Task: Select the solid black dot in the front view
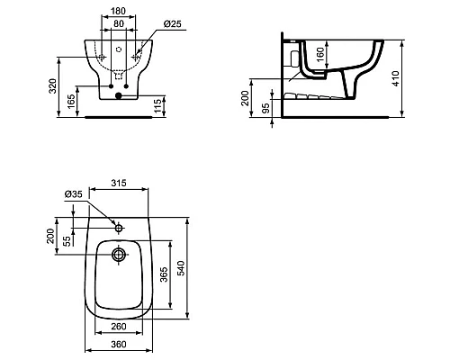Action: click(x=119, y=95)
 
